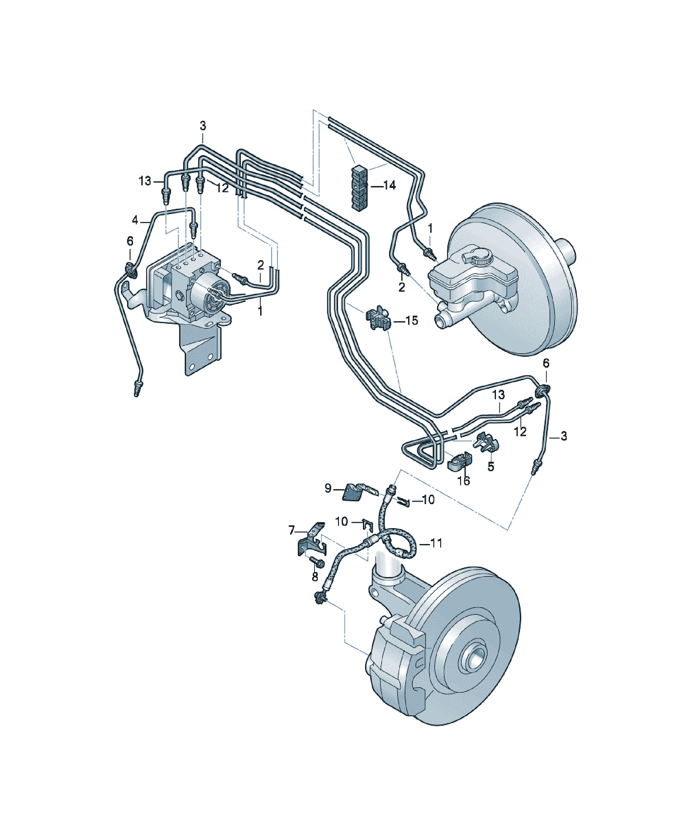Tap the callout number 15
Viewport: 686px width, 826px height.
[412, 321]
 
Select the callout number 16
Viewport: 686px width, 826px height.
[464, 481]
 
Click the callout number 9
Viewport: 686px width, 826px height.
[328, 489]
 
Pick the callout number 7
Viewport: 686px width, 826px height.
[292, 531]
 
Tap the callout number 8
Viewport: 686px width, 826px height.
[315, 577]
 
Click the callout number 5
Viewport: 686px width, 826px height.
[490, 466]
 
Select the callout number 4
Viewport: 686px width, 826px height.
[135, 220]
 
